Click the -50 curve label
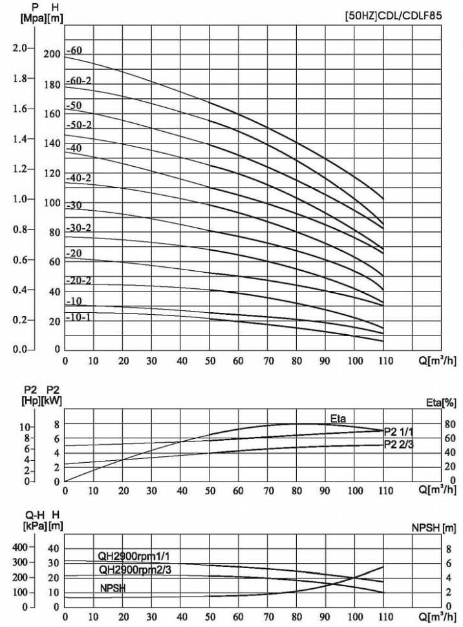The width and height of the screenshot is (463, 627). [74, 105]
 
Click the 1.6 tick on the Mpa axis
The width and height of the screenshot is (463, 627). [20, 109]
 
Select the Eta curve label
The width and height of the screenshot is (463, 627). [338, 419]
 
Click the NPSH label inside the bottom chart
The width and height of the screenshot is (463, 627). [113, 588]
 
